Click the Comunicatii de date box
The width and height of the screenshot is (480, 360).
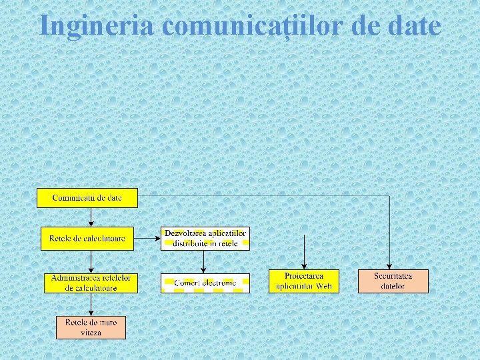coord(87,198)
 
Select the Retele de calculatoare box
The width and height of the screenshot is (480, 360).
coord(87,238)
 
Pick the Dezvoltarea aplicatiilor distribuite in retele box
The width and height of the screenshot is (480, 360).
coord(205,238)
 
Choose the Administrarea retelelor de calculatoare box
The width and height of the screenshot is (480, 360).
coord(91,283)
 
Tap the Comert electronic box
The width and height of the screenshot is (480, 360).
coord(205,283)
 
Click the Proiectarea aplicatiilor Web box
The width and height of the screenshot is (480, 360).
coord(304,281)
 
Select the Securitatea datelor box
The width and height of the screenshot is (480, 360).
coord(393,281)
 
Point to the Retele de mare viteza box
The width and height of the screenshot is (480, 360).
coord(91,327)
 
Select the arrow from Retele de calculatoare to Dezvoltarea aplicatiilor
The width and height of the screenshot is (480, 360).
coord(147,238)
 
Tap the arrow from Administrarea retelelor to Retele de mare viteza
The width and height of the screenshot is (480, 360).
coord(91,303)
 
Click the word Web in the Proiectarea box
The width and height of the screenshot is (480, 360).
coord(323,286)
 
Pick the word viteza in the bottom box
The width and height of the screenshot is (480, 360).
coord(91,331)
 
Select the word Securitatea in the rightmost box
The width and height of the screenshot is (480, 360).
coord(393,275)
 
